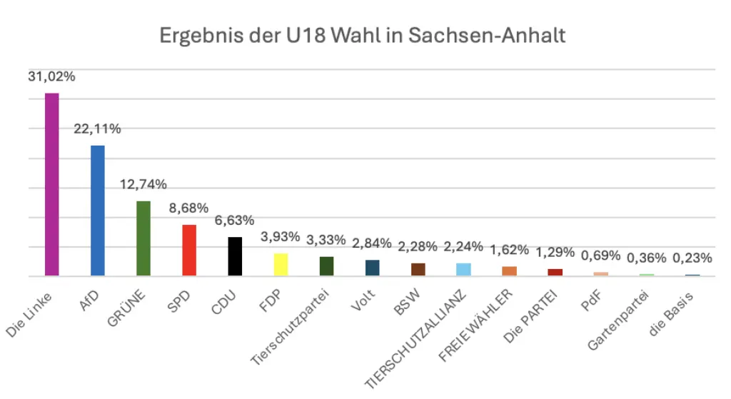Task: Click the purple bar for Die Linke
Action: [51, 185]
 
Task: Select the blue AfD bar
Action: [97, 211]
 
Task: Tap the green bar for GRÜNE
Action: [143, 238]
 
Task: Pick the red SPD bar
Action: [189, 251]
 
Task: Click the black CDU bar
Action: [235, 256]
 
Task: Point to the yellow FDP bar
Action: [281, 264]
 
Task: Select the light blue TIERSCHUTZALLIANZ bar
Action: [463, 269]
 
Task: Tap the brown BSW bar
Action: [418, 269]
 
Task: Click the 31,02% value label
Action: [51, 76]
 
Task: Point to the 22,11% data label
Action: [97, 128]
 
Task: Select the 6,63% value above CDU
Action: [234, 220]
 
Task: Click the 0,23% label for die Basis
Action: [692, 258]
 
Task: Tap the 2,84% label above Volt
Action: [371, 243]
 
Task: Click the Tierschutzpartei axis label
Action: [290, 327]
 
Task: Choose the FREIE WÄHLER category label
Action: [475, 325]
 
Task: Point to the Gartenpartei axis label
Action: [617, 320]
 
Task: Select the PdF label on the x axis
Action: [591, 300]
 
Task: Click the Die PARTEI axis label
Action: [530, 316]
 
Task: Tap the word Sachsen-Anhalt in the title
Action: [487, 36]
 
